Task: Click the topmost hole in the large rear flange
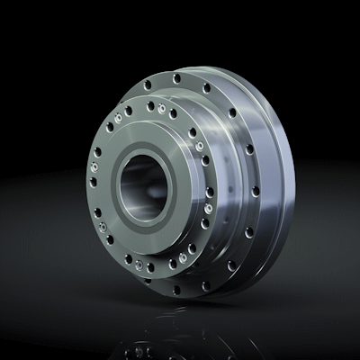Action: click(176, 78)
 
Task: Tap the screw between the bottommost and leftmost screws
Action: click(110, 240)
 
